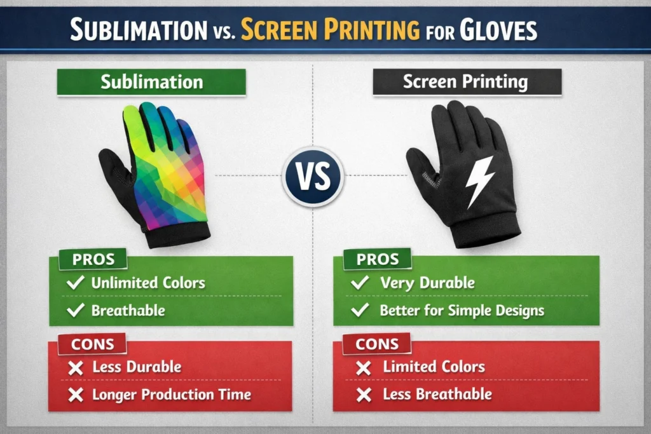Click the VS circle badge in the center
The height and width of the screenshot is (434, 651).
click(313, 176)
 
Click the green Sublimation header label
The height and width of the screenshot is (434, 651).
click(151, 82)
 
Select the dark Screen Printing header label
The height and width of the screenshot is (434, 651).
click(466, 82)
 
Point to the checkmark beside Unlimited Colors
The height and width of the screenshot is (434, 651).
click(76, 283)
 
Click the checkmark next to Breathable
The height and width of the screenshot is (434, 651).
click(76, 310)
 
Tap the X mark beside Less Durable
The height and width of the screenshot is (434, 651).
click(76, 367)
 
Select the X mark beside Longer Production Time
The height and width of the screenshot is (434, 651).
click(76, 395)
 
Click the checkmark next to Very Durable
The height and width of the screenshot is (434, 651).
click(360, 283)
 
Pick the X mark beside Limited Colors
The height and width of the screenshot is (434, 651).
click(363, 367)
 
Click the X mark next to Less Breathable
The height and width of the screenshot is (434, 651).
click(363, 395)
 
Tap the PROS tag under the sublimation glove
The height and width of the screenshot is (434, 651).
click(93, 260)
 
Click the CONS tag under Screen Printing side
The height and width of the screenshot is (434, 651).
click(376, 344)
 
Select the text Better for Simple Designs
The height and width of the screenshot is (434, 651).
click(462, 310)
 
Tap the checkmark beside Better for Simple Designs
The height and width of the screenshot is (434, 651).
click(360, 310)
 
